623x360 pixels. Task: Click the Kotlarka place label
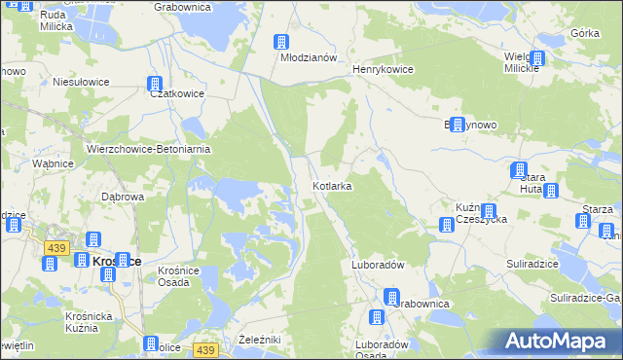click(332, 185)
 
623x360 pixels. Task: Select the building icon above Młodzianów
click(280, 42)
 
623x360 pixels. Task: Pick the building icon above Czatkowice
click(154, 84)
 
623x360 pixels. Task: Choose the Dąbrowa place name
click(124, 197)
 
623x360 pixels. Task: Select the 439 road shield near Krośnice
click(55, 248)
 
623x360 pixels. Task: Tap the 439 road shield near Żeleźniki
click(204, 349)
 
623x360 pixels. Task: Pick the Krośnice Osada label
click(178, 275)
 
